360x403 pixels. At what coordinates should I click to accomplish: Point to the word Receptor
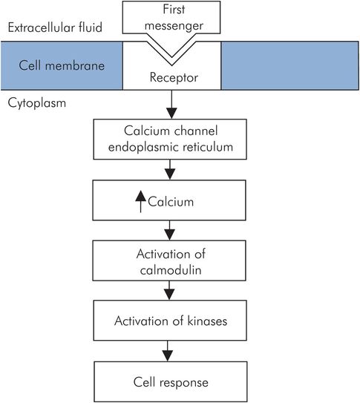pyautogui.click(x=171, y=76)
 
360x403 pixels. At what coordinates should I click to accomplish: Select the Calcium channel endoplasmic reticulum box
pyautogui.click(x=171, y=139)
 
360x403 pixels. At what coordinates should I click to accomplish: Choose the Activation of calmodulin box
pyautogui.click(x=171, y=263)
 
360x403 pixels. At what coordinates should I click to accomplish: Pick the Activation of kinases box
pyautogui.click(x=171, y=321)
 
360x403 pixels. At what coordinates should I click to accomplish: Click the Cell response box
pyautogui.click(x=171, y=382)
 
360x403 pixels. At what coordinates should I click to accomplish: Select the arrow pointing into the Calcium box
pyautogui.click(x=171, y=170)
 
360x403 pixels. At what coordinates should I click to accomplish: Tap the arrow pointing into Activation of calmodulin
pyautogui.click(x=171, y=231)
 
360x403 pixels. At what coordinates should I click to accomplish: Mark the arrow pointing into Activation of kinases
pyautogui.click(x=171, y=292)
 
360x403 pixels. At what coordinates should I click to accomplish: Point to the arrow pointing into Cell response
pyautogui.click(x=171, y=350)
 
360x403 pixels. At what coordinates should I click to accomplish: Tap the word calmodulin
pyautogui.click(x=171, y=271)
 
